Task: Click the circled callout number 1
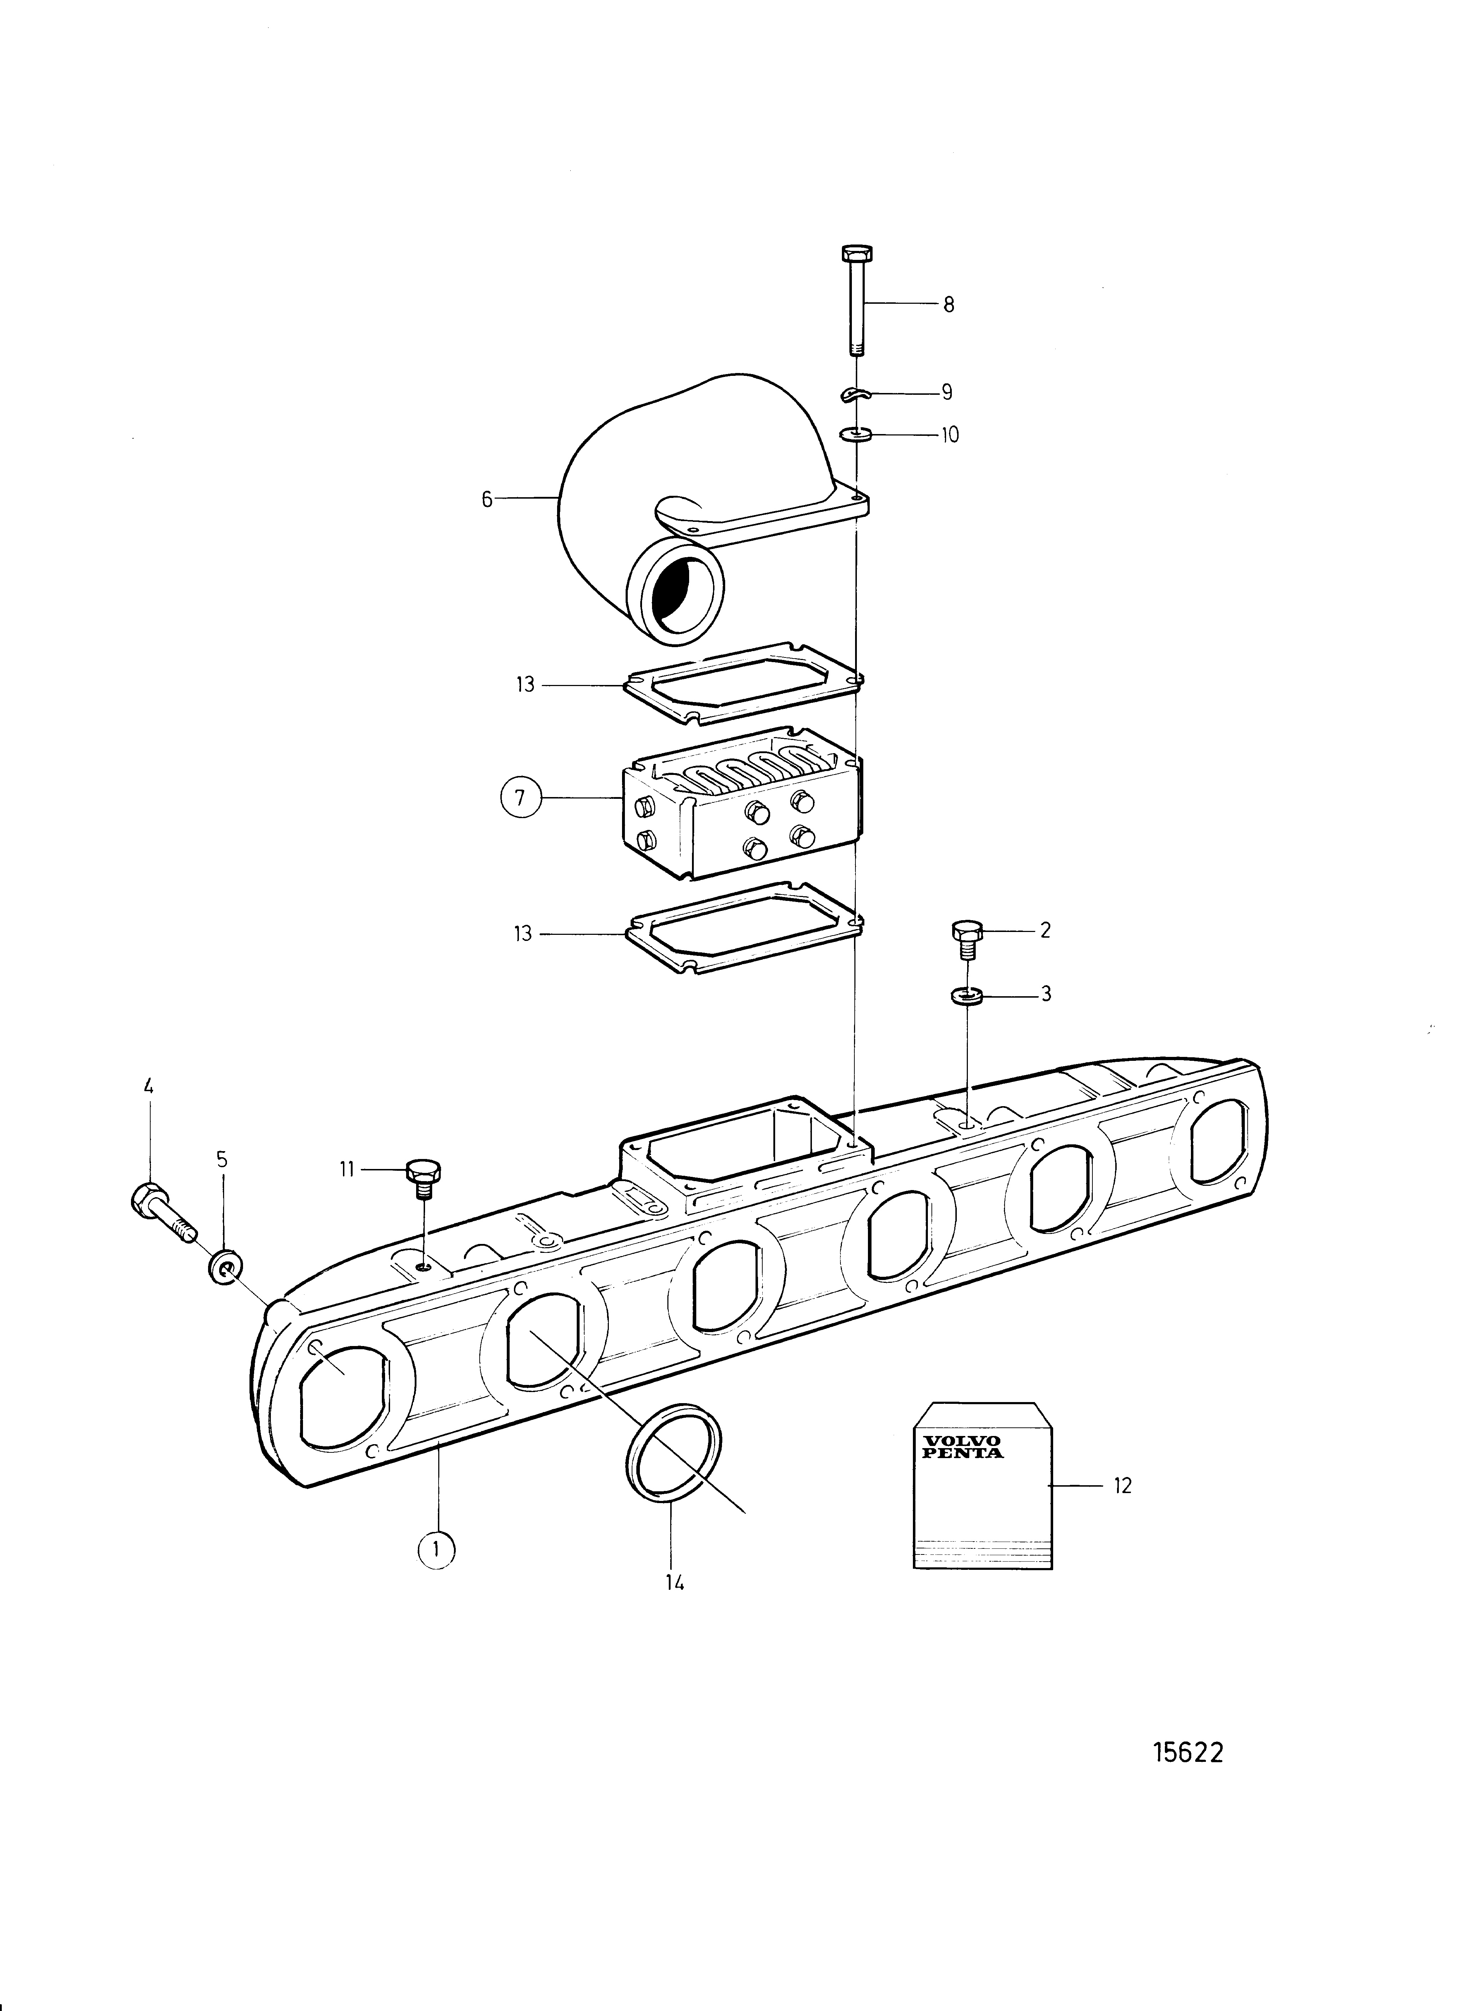click(435, 1549)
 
